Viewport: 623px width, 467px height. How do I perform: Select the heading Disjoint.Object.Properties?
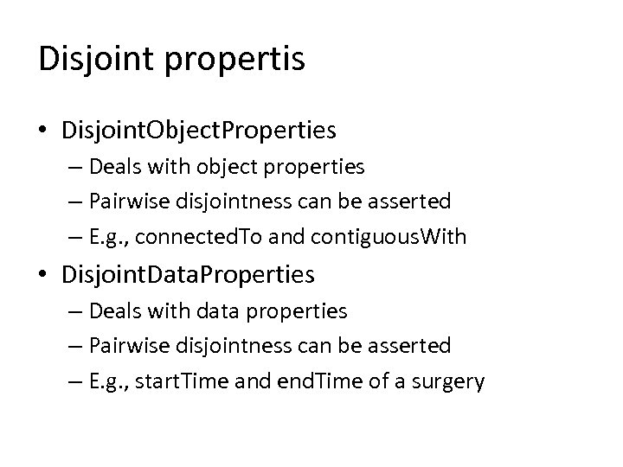tap(199, 131)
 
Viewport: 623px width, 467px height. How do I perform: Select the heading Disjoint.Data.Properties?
tap(188, 275)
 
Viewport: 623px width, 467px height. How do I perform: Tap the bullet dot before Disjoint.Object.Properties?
tap(44, 131)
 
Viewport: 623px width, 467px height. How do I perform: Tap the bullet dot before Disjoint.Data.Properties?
tap(44, 275)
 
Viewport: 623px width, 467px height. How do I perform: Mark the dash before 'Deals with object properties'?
tap(72, 167)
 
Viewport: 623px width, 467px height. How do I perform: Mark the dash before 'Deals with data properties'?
tap(72, 310)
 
